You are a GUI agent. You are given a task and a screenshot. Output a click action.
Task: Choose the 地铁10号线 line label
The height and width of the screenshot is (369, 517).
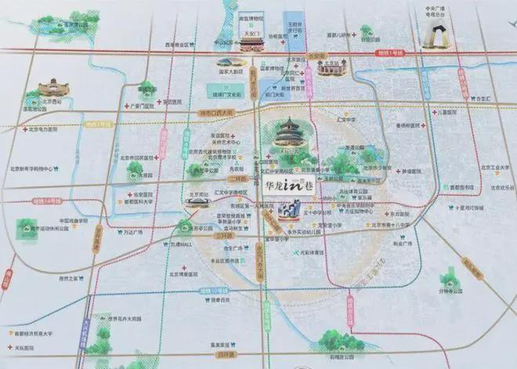point(208,289)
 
